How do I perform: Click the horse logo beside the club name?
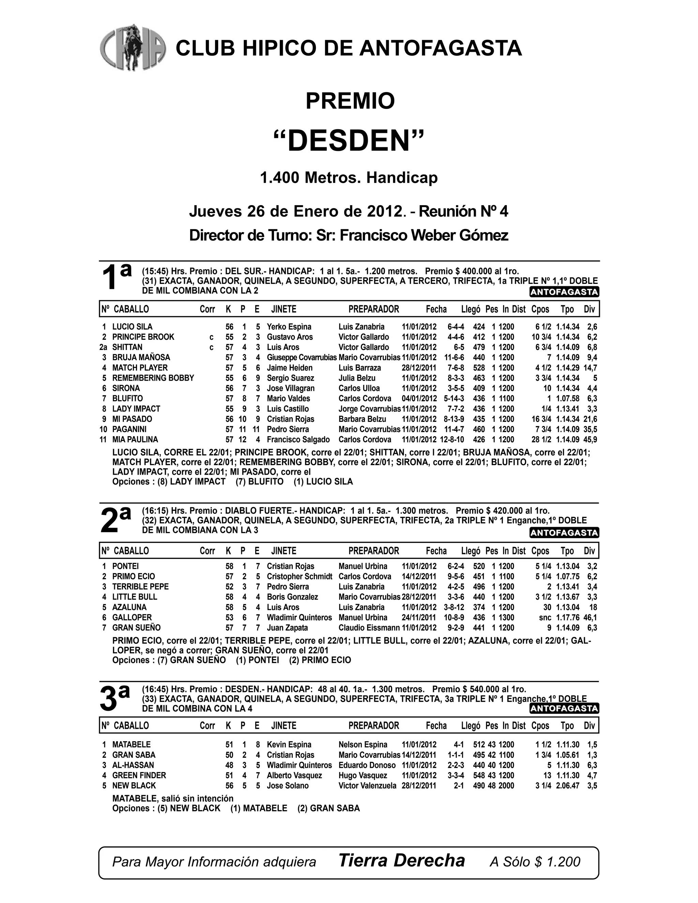pos(133,47)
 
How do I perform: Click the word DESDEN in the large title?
pos(349,141)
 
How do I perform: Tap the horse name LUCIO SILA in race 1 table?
pos(132,327)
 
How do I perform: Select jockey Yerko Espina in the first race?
pos(289,327)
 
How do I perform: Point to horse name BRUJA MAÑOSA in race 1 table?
pos(141,357)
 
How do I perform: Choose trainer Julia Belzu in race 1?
pos(357,378)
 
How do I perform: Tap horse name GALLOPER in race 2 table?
pos(132,617)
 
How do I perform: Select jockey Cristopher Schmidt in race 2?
pos(299,576)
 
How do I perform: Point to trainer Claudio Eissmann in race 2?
pos(369,628)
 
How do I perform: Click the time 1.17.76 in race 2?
pos(567,617)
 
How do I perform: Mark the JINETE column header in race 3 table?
pos(284,725)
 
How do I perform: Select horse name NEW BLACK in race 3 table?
pos(134,785)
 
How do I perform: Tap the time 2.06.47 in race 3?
pos(567,785)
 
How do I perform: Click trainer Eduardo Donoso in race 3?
pos(367,765)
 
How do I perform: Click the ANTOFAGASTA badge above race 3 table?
pos(564,709)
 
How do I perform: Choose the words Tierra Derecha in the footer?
pos(401,860)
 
